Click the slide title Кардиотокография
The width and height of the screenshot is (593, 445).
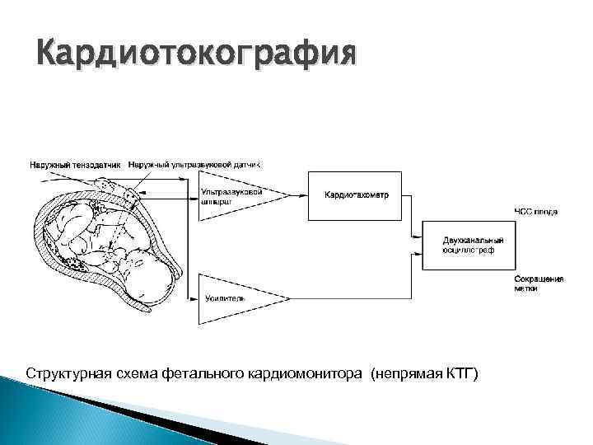pyautogui.click(x=198, y=55)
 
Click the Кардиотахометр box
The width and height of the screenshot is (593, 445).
pyautogui.click(x=357, y=195)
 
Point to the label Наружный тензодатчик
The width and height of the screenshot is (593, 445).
pyautogui.click(x=77, y=165)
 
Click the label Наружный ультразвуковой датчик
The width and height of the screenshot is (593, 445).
pyautogui.click(x=194, y=165)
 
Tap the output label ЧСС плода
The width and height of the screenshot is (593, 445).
pyautogui.click(x=535, y=212)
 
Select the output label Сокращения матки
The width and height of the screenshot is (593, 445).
pyautogui.click(x=539, y=283)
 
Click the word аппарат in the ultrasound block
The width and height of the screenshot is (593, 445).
pyautogui.click(x=218, y=201)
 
